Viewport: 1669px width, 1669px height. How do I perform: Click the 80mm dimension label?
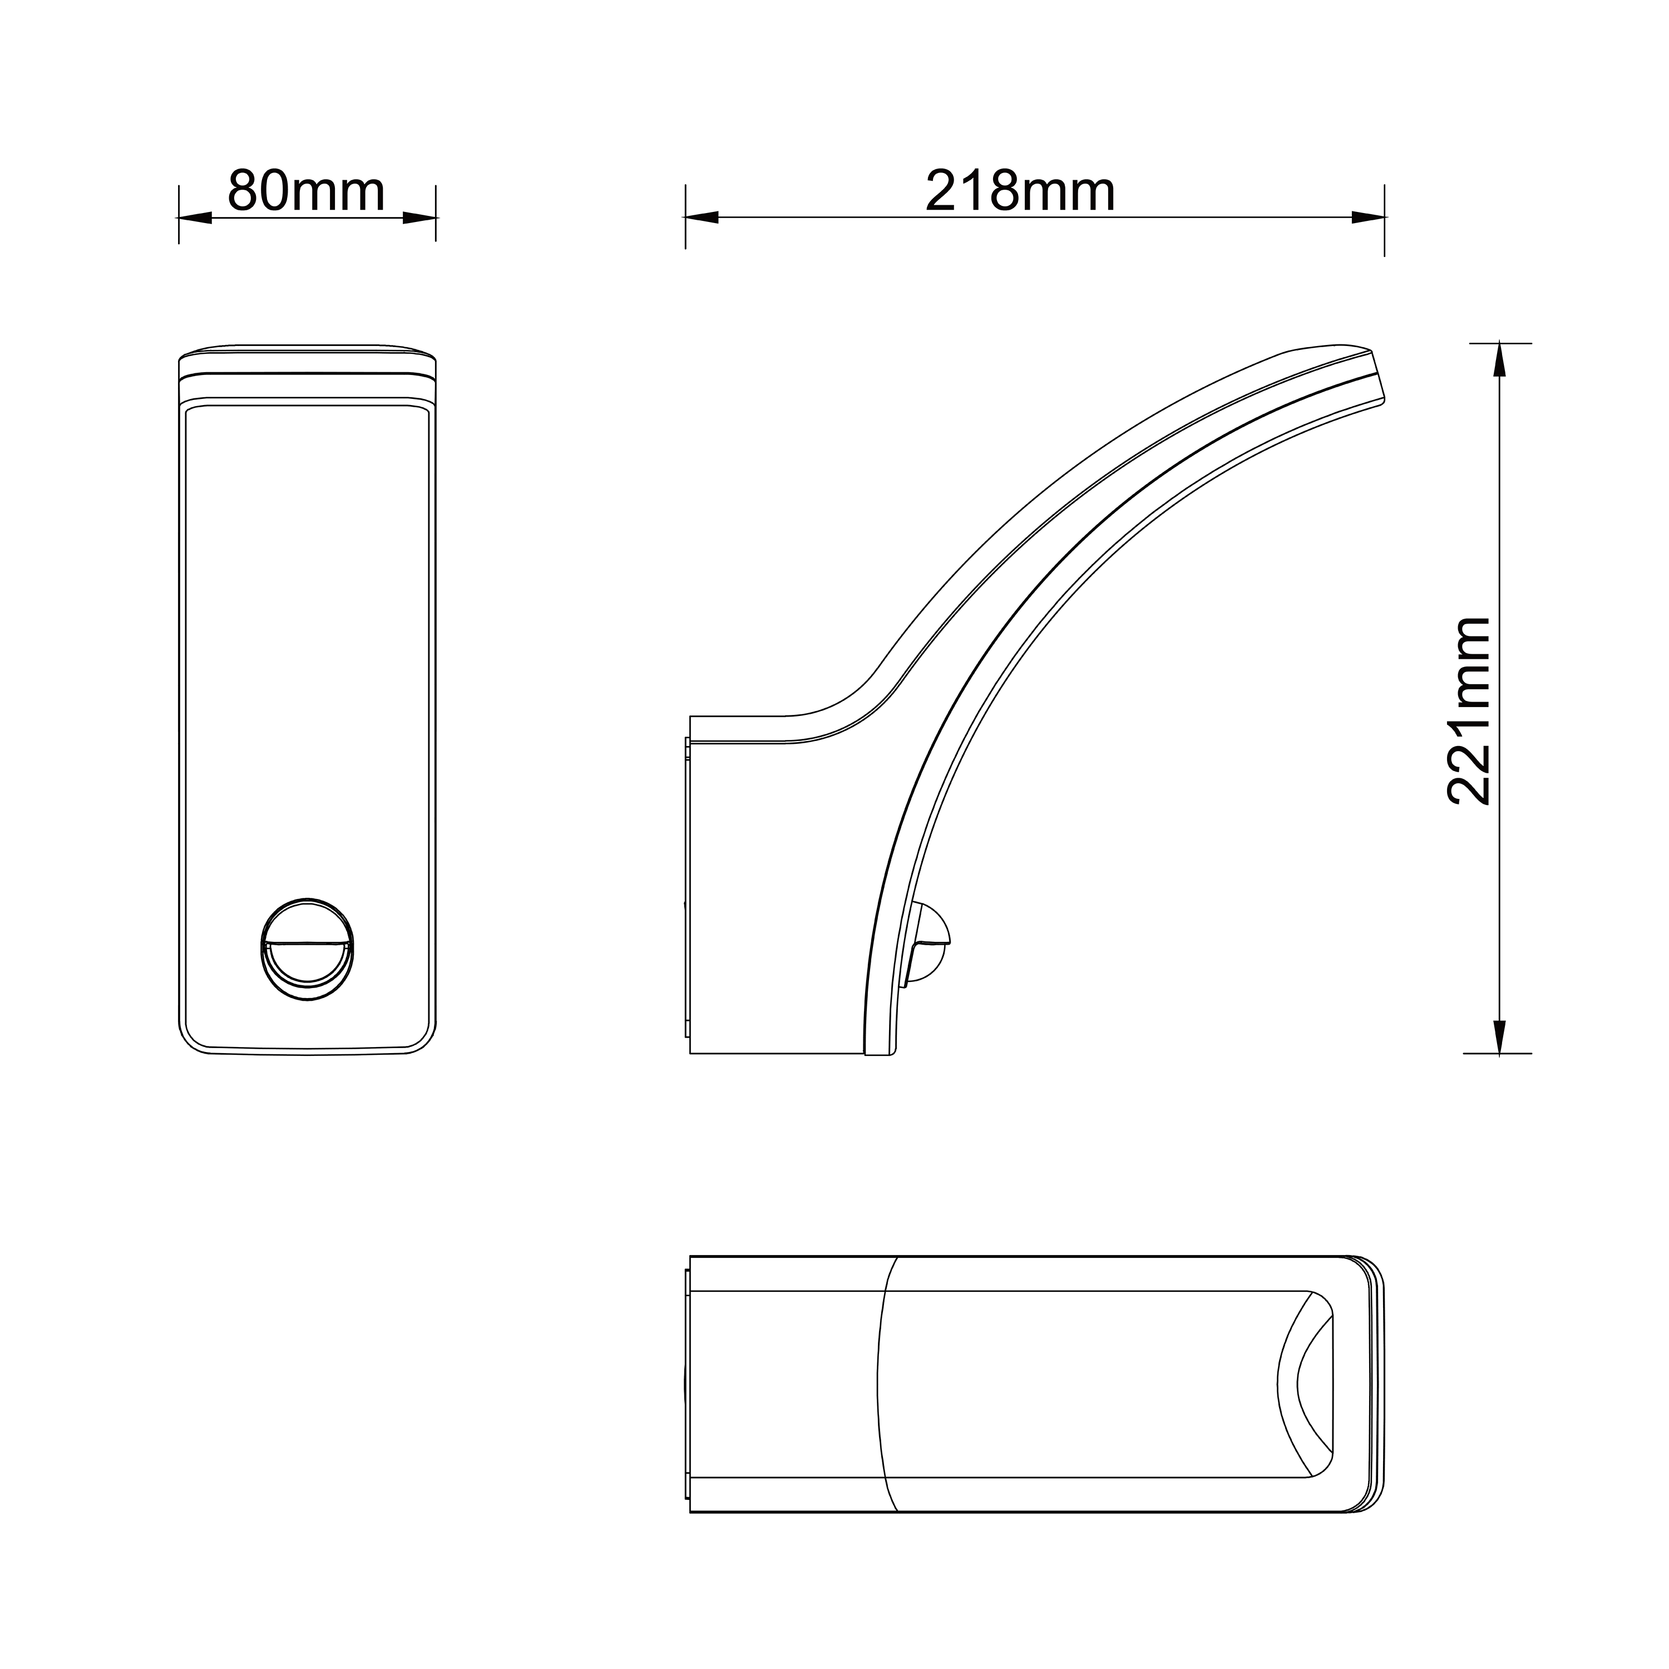(306, 192)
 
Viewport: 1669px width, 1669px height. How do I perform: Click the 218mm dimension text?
(1020, 192)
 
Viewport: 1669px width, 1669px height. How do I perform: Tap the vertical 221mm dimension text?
(1469, 711)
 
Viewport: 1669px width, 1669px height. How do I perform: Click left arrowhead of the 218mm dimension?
(702, 218)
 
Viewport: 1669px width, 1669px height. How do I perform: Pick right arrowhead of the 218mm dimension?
(1367, 218)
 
